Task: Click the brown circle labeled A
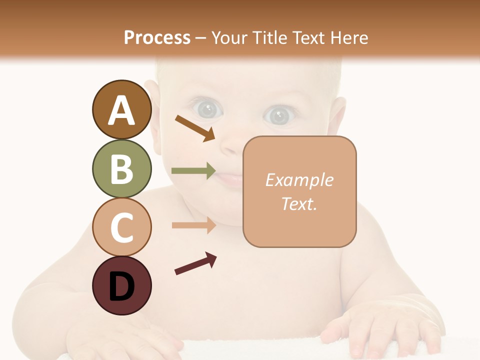pos(121,110)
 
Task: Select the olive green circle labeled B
pos(121,168)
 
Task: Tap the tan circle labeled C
pos(121,227)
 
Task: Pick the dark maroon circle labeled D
pos(121,285)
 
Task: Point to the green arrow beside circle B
pos(193,170)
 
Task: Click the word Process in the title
pos(157,37)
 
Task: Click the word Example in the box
pos(299,180)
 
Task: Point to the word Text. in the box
pos(299,203)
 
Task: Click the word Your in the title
pos(228,37)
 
